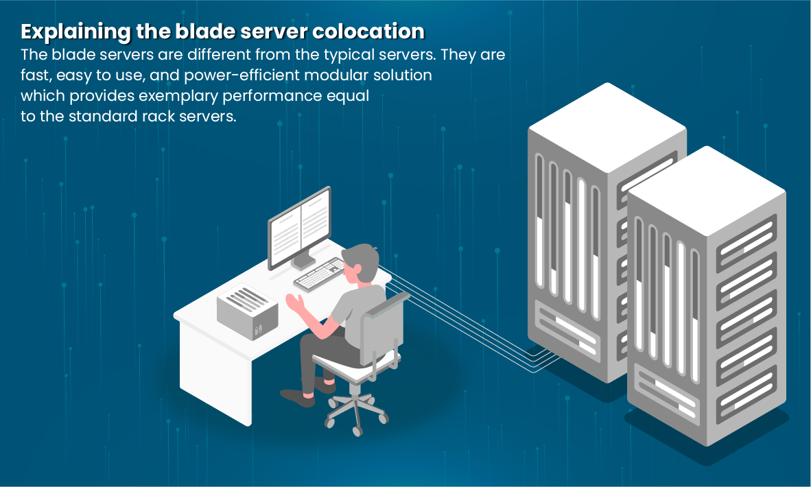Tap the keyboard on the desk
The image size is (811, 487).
click(320, 273)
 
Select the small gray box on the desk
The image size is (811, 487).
click(247, 306)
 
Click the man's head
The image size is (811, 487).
click(360, 262)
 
